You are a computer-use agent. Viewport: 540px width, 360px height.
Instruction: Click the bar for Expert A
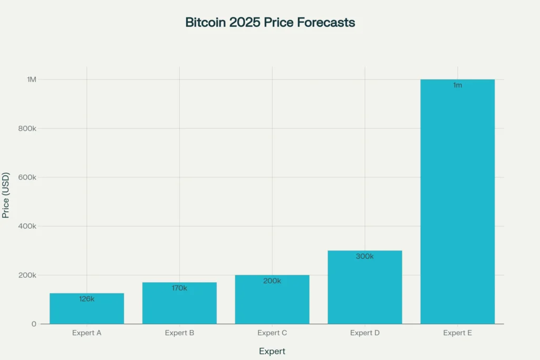pyautogui.click(x=86, y=311)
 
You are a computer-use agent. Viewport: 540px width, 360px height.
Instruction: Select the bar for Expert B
pyautogui.click(x=179, y=306)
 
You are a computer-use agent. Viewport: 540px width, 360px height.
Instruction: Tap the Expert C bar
pyautogui.click(x=272, y=303)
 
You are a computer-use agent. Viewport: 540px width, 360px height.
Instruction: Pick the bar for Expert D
pyautogui.click(x=365, y=290)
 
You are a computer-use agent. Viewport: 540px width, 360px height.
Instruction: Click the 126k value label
pyautogui.click(x=86, y=299)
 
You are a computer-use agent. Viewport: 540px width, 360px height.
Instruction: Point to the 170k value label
pyautogui.click(x=179, y=288)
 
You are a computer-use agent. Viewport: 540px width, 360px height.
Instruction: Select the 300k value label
pyautogui.click(x=365, y=257)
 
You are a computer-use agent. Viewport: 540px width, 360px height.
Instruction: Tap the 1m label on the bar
pyautogui.click(x=457, y=85)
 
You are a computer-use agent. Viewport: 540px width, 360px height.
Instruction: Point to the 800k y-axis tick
pyautogui.click(x=27, y=129)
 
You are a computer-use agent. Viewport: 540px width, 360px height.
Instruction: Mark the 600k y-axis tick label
pyautogui.click(x=27, y=178)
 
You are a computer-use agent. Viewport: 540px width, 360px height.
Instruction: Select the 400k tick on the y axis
pyautogui.click(x=27, y=226)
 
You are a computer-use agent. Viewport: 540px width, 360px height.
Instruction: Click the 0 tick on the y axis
pyautogui.click(x=34, y=324)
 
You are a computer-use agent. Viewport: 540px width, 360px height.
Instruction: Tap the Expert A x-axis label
pyautogui.click(x=86, y=333)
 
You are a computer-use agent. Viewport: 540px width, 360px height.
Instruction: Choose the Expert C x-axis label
pyautogui.click(x=272, y=333)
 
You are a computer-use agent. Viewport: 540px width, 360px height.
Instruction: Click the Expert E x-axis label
pyautogui.click(x=457, y=333)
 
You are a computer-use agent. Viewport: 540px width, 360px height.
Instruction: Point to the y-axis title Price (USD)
pyautogui.click(x=6, y=195)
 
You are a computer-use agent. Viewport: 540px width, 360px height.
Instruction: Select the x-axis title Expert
pyautogui.click(x=272, y=351)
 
